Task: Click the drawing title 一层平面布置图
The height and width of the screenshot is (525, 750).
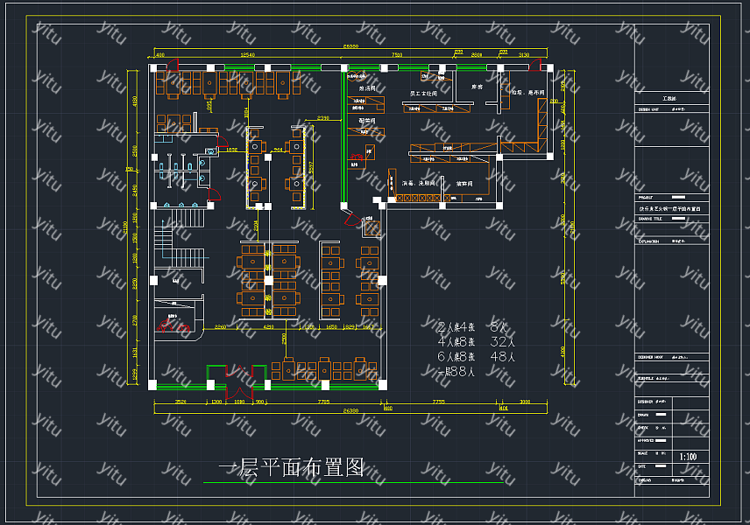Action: [290, 468]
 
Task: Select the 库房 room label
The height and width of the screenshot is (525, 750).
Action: [478, 87]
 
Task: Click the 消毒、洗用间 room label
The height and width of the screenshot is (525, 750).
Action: [419, 184]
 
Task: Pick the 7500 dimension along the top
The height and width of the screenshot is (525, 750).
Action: [396, 55]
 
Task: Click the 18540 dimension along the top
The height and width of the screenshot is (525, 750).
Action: [247, 55]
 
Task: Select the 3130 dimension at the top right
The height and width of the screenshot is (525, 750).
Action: [524, 55]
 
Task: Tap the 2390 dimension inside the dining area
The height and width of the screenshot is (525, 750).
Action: [323, 117]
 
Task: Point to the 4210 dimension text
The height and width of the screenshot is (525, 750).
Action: [268, 326]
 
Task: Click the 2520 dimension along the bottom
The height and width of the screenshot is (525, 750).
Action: [180, 401]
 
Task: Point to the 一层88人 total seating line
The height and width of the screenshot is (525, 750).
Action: [456, 371]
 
